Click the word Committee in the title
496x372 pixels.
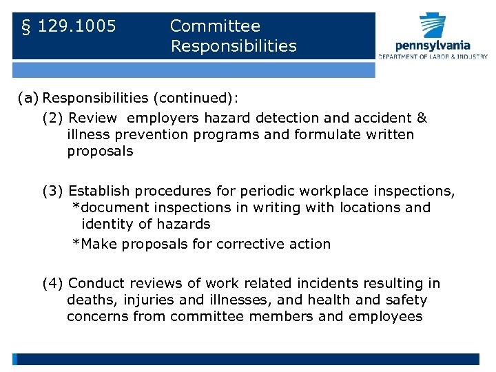pos(215,26)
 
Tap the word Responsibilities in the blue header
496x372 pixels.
pos(234,46)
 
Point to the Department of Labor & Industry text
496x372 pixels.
pos(432,56)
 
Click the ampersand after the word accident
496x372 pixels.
pos(422,118)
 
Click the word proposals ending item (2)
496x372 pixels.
pos(100,151)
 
